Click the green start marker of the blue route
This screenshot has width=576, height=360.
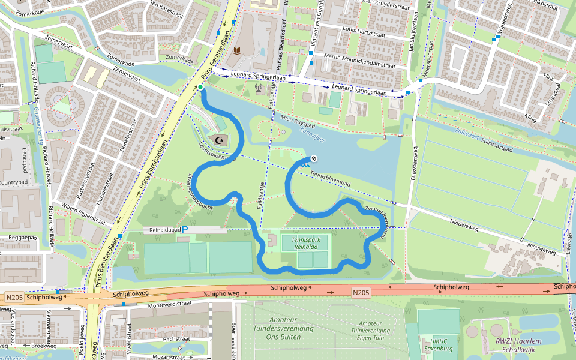click(x=200, y=88)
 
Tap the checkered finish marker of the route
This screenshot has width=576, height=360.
click(x=313, y=158)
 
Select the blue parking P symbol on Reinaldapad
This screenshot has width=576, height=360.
click(x=185, y=230)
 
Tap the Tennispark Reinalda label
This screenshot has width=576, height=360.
click(x=305, y=243)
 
